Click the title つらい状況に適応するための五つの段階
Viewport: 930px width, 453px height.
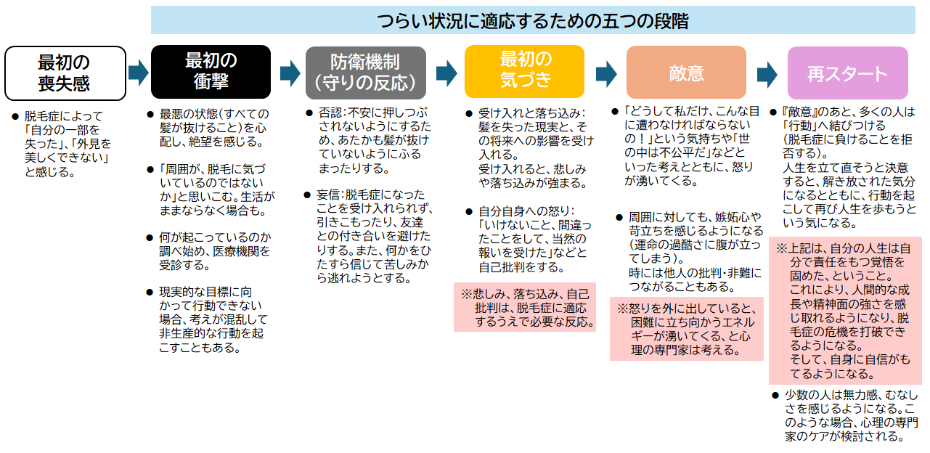pyautogui.click(x=533, y=20)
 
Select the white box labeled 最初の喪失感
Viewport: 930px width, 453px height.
pyautogui.click(x=65, y=73)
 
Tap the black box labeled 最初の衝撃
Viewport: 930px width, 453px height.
pyautogui.click(x=211, y=71)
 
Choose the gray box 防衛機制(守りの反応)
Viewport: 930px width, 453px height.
pyautogui.click(x=365, y=72)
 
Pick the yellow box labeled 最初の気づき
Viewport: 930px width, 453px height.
pyautogui.click(x=524, y=71)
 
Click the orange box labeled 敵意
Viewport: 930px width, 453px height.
pyautogui.click(x=686, y=72)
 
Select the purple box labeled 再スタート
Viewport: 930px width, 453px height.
pyautogui.click(x=847, y=73)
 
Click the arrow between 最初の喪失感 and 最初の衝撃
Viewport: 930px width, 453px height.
pyautogui.click(x=138, y=72)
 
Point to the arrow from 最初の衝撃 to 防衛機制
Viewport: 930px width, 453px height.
pyautogui.click(x=290, y=72)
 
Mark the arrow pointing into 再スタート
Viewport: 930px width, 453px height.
pyautogui.click(x=767, y=73)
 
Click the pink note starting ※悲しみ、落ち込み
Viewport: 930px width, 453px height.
pyautogui.click(x=524, y=307)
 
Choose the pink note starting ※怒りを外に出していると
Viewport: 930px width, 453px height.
pyautogui.click(x=686, y=329)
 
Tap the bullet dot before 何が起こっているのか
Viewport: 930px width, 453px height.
pyautogui.click(x=150, y=237)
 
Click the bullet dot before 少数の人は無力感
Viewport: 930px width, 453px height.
pyautogui.click(x=775, y=395)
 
